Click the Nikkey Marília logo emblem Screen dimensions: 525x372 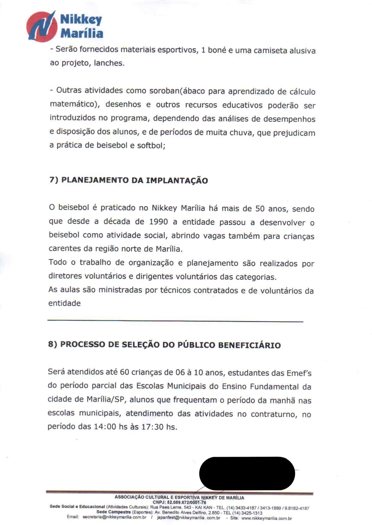tap(42, 26)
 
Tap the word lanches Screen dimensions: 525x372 tap(109, 63)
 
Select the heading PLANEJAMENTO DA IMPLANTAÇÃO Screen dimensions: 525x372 tap(134, 181)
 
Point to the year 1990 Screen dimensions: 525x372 tap(159, 222)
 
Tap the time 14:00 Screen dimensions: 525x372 tap(105, 427)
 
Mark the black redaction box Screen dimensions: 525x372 tap(247, 473)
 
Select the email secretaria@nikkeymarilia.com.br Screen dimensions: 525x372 tap(114, 518)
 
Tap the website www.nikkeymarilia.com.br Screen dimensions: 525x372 tap(266, 518)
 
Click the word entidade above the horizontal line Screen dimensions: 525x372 tap(64, 303)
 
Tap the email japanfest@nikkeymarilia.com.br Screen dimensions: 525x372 tap(189, 518)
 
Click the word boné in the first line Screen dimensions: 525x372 tap(217, 50)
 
